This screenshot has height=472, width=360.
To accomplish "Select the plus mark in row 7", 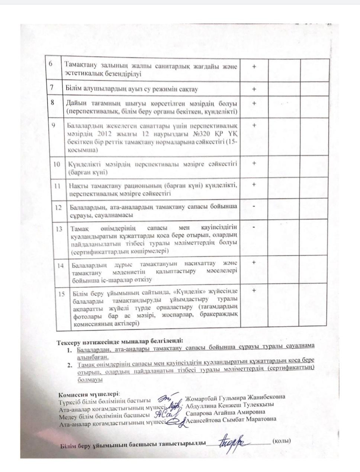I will point(254,89).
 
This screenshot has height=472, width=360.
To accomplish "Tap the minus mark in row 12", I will point(254,206).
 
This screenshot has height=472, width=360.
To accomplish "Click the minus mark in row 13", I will point(254,226).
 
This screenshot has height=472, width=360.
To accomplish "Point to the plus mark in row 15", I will point(254,290).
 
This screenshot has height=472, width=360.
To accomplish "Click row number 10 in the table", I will point(57,164).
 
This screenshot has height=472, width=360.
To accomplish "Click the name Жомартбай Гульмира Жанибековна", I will point(235,397).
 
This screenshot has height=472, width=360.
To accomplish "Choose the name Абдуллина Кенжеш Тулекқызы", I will point(229,405).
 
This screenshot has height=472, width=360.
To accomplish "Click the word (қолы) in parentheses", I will point(281,441).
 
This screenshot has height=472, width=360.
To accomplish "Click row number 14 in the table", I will point(61,266).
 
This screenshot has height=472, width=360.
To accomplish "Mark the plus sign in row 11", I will point(254,184).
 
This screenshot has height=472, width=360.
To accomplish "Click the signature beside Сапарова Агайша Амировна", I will point(164,413).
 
